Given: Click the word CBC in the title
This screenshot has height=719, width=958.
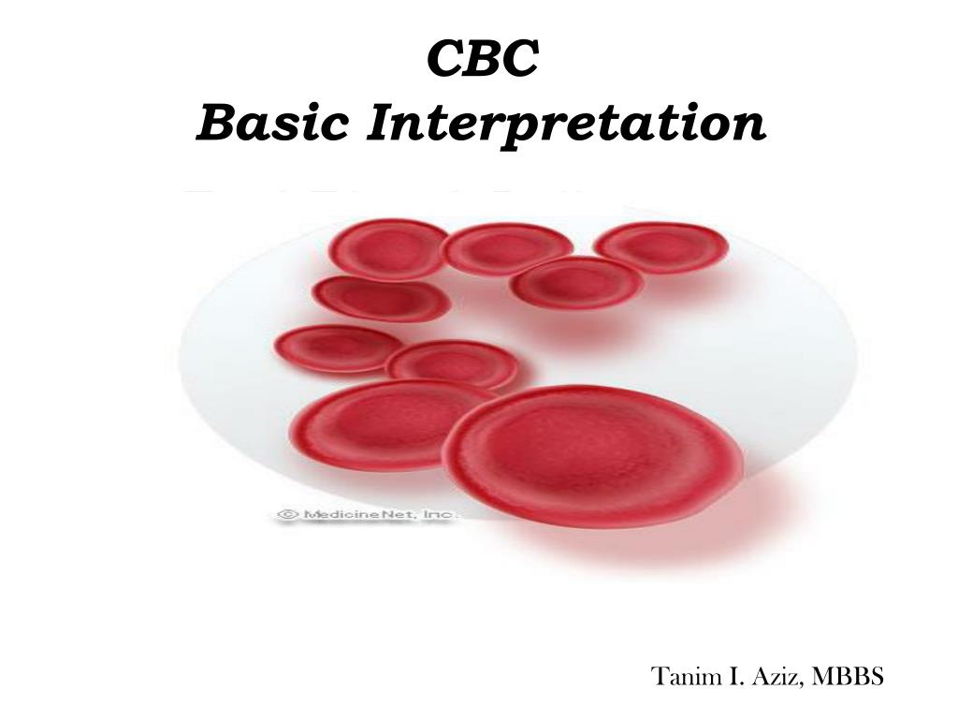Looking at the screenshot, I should pos(483,60).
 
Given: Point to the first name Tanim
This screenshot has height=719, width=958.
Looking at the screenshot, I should pos(680,676).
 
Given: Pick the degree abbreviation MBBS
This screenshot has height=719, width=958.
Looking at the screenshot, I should pos(849,676).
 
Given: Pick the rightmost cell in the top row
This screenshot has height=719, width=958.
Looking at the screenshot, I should pos(661,247).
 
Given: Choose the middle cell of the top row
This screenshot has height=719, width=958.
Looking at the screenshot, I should pos(506,249).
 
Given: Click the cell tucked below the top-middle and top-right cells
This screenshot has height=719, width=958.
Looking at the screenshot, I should pos(576,283).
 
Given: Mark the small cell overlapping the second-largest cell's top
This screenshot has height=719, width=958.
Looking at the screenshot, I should pos(453,363).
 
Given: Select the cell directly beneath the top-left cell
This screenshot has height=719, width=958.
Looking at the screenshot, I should pos(381,299).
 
